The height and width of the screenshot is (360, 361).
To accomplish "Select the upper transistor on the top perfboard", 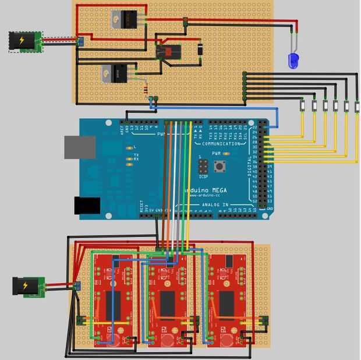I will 128,19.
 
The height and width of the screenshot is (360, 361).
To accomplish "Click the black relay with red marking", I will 169,52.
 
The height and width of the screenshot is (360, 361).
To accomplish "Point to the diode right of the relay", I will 199,50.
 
